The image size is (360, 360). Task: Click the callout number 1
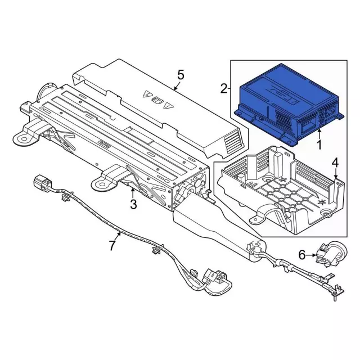(x=319, y=146)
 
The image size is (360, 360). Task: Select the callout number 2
(x=223, y=88)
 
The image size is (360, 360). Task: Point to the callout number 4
(x=335, y=163)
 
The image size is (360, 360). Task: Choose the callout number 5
(x=181, y=74)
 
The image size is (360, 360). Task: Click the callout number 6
(x=302, y=255)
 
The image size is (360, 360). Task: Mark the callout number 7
(x=112, y=245)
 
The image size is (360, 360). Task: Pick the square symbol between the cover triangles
(x=157, y=101)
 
